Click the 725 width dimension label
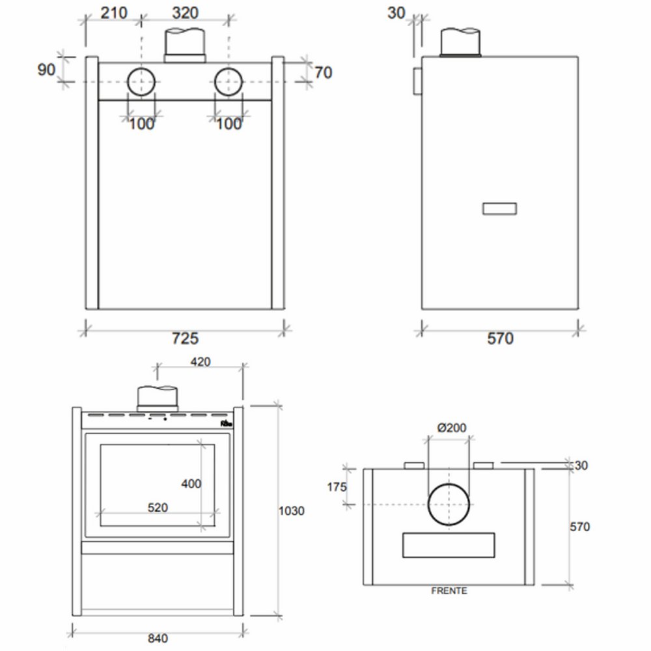coord(185,339)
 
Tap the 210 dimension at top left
coord(114,13)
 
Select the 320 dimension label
coord(185,13)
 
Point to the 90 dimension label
coord(46,69)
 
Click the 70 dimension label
coord(323,72)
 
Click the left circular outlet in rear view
coord(141,83)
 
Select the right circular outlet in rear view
coord(229,83)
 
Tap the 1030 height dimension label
coord(291,511)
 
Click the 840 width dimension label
coord(158,638)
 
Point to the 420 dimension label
coord(201,363)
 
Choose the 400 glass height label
coord(191,484)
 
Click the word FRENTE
coord(449,591)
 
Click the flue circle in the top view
coord(449,505)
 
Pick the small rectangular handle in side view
coord(499,208)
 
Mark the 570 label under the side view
coord(500,339)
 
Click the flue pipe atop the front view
coord(156,398)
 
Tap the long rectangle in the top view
coord(449,545)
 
